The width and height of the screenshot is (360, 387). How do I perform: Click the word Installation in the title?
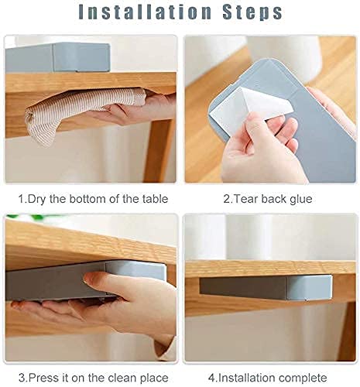[x=145, y=12]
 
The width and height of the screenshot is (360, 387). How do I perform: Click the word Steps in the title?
[x=252, y=12]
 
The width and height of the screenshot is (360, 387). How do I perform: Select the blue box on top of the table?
[x=57, y=57]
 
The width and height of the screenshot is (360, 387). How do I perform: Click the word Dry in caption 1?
[x=37, y=199]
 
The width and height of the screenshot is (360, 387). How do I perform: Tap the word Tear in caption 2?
[x=246, y=199]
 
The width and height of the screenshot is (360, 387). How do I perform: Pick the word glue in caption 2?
[x=300, y=200]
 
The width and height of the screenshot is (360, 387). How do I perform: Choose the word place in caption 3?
[x=154, y=378]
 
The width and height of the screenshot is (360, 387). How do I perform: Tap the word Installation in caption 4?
[x=247, y=378]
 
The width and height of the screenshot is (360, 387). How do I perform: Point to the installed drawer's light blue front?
[x=308, y=288]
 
